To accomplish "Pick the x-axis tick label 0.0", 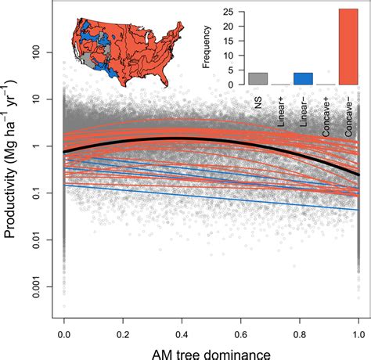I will click(63, 332).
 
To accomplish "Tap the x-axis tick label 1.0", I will click(358, 332).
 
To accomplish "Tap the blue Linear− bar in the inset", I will click(303, 78).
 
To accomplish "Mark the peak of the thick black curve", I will click(182, 138).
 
